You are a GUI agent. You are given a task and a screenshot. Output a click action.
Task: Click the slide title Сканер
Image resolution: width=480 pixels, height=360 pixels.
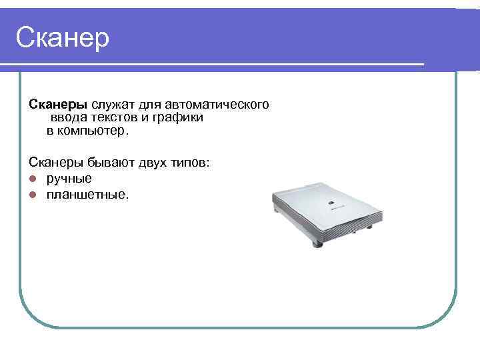62,37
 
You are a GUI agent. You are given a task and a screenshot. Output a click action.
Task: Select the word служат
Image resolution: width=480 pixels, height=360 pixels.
111,105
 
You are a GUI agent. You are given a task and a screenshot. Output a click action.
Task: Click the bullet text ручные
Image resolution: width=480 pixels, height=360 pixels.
69,179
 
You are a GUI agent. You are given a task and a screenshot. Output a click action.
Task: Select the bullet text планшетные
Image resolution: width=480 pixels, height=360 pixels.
87,195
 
